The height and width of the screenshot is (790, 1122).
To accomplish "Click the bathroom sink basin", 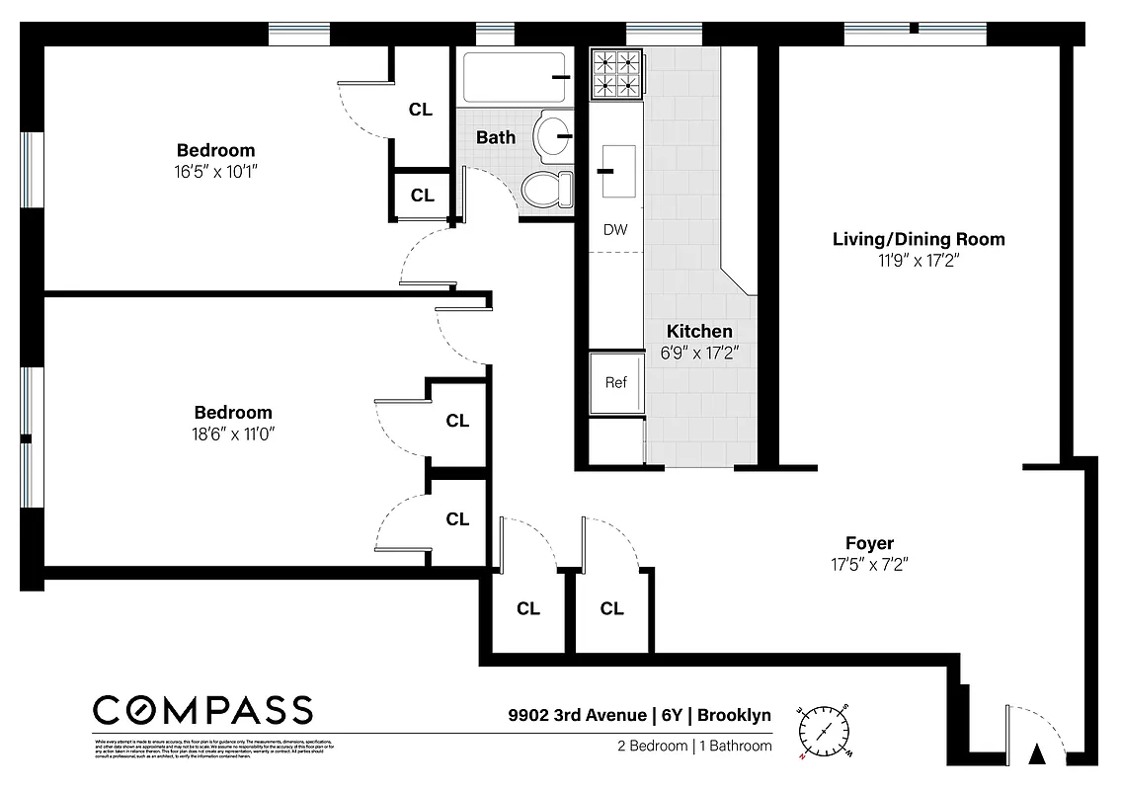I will [x=552, y=135].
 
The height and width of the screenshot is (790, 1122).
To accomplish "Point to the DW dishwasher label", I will [x=615, y=230].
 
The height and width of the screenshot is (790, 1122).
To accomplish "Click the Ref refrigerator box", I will [x=615, y=383].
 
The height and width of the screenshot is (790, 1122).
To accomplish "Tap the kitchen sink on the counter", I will [x=619, y=170].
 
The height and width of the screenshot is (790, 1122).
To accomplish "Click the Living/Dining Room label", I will [x=919, y=239].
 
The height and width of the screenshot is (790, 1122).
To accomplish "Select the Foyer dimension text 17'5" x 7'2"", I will [x=869, y=565].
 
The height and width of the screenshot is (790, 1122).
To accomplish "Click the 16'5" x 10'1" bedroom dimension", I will [x=215, y=171].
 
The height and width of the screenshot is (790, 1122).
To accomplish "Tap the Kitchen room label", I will [x=699, y=331].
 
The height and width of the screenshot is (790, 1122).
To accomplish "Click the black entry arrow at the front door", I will [x=1037, y=755].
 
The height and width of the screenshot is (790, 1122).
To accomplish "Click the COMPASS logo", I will [x=202, y=709].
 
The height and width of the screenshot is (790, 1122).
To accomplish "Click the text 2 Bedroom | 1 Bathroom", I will [x=689, y=746].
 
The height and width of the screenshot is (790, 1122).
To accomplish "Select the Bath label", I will [x=496, y=137].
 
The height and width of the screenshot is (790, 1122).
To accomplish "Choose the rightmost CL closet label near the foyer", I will [x=611, y=608].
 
